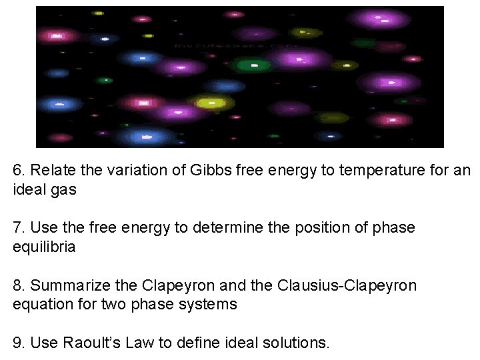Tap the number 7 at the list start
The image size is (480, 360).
(x=18, y=228)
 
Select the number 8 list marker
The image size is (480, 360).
(x=18, y=285)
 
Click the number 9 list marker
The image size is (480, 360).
(x=18, y=343)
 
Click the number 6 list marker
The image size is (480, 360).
(x=18, y=171)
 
